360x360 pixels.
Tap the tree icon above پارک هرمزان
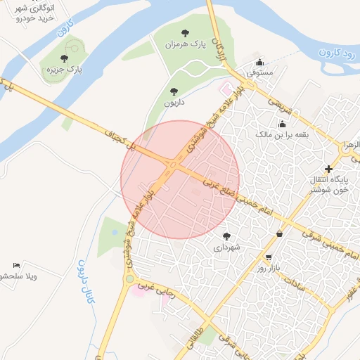(x=185, y=32)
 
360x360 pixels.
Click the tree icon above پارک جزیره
(x=64, y=58)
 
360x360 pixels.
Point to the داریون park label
(x=174, y=102)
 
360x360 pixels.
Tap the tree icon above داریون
(x=174, y=91)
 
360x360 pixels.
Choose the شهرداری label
(x=226, y=247)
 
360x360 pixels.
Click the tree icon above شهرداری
(x=226, y=236)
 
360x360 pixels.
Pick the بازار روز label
(x=269, y=269)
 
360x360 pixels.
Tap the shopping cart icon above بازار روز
(x=269, y=257)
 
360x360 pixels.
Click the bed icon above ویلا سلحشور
(x=15, y=265)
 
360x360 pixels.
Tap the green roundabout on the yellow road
(x=129, y=279)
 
